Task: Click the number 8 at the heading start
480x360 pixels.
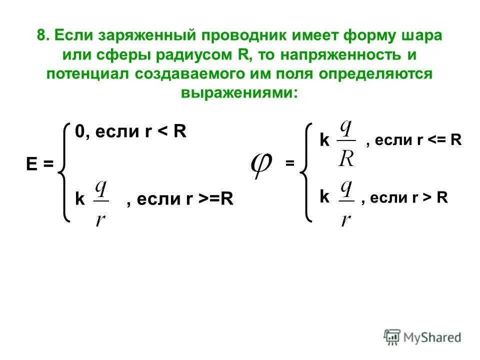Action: click(41, 36)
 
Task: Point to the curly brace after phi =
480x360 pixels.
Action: click(306, 172)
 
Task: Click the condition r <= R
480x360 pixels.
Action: click(438, 140)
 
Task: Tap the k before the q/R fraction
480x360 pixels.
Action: click(325, 141)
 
